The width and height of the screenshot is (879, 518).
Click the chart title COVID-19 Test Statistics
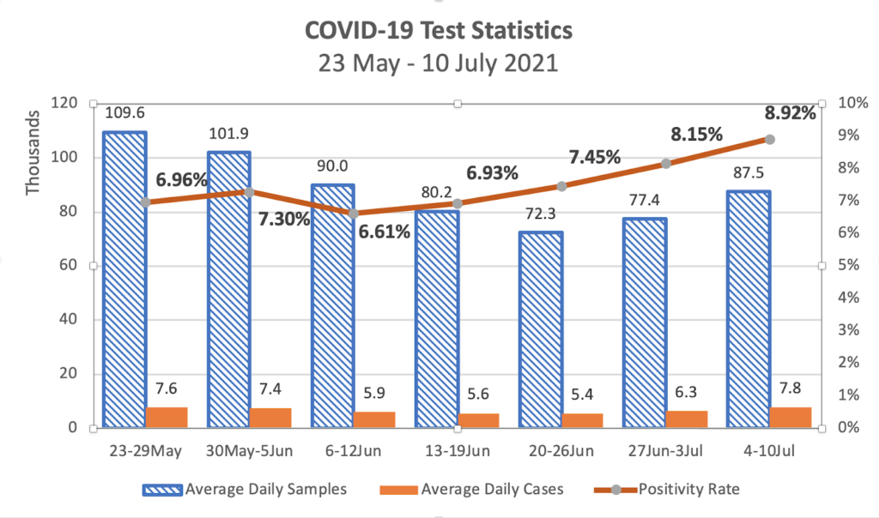pyautogui.click(x=439, y=31)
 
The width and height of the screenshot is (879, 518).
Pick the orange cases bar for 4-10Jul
pyautogui.click(x=791, y=417)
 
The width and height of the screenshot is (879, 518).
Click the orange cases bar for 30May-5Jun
pyautogui.click(x=270, y=418)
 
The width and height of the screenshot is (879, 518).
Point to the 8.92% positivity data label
pyautogui.click(x=789, y=112)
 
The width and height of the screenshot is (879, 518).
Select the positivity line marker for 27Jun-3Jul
pyautogui.click(x=665, y=164)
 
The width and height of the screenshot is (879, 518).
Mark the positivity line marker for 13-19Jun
pyautogui.click(x=458, y=203)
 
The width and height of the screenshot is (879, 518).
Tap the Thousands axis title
pyautogui.click(x=33, y=152)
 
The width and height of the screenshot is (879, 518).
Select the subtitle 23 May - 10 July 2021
pyautogui.click(x=439, y=63)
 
